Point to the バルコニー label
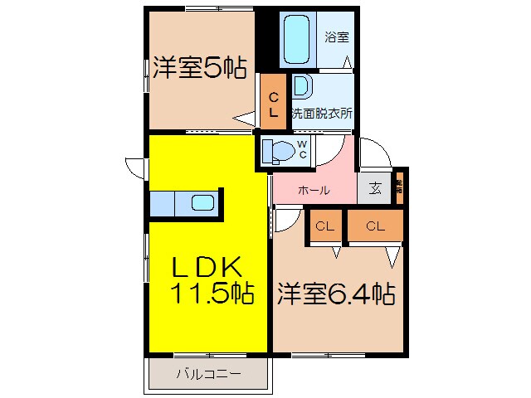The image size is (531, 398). [x=208, y=373]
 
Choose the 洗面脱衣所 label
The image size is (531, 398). [x=321, y=114]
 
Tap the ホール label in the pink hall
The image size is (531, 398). [x=313, y=190]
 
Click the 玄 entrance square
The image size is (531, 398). [x=375, y=189]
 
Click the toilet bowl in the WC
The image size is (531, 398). [x=280, y=151]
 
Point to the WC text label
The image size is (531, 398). [x=303, y=150]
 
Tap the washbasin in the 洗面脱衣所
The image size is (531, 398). [x=301, y=86]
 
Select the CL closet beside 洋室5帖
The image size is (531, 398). [x=272, y=103]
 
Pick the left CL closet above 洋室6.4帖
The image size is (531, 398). [x=324, y=226]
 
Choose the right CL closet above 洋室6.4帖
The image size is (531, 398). [x=375, y=226]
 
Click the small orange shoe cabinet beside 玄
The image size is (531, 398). [x=399, y=187]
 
